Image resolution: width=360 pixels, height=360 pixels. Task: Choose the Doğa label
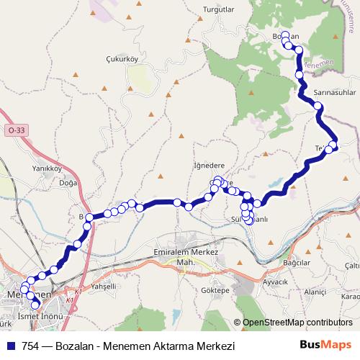click(68, 183)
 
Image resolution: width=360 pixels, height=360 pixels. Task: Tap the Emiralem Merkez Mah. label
click(186, 257)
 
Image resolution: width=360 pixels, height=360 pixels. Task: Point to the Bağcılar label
click(296, 263)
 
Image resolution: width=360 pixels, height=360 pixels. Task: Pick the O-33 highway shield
click(15, 130)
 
